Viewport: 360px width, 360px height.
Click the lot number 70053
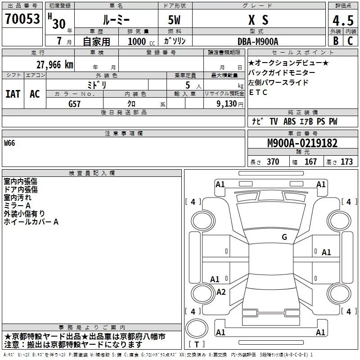tap(22, 18)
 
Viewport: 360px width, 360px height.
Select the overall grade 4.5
tap(343, 21)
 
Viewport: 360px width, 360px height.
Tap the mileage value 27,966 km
tap(54, 65)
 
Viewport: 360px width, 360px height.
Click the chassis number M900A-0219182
tap(302, 143)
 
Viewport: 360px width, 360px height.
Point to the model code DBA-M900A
tap(258, 41)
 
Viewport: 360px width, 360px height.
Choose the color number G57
tap(74, 104)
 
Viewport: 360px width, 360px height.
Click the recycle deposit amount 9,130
tap(227, 103)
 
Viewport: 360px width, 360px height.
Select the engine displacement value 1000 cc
tap(141, 41)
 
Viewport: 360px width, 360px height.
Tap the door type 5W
tap(174, 20)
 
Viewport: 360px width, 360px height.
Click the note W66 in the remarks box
tap(9, 143)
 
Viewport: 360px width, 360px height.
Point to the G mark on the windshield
tap(284, 237)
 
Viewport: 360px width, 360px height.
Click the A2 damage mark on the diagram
tap(221, 292)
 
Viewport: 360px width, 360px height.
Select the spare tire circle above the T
tap(197, 328)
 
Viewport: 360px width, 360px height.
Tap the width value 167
tap(310, 162)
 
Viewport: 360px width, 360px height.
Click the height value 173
tap(346, 162)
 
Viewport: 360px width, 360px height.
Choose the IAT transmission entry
tap(13, 94)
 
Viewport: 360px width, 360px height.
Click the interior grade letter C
tap(350, 41)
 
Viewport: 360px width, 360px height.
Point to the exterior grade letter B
tap(336, 41)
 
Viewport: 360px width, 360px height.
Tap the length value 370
tap(273, 162)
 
